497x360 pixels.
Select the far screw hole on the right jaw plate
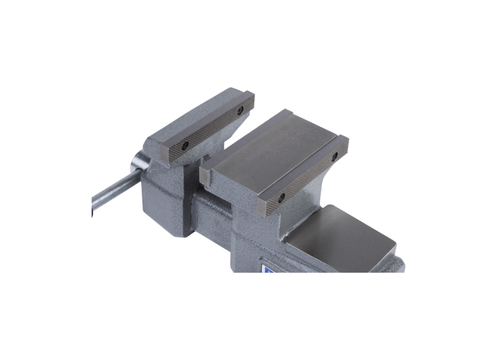[335, 153]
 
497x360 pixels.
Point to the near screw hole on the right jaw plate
[280, 198]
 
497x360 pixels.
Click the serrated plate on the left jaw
[213, 128]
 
